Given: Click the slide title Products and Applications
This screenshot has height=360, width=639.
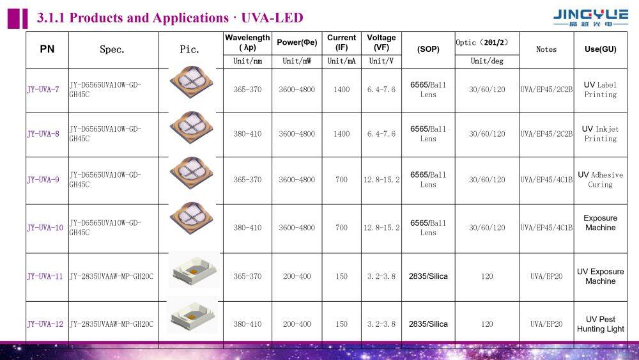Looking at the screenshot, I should click(170, 18).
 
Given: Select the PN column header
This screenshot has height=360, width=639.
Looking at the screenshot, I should click(47, 49).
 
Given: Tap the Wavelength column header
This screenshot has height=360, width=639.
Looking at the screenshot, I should click(247, 42).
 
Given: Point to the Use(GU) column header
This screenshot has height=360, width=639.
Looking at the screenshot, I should click(600, 49).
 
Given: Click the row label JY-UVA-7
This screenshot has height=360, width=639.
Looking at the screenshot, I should click(43, 90).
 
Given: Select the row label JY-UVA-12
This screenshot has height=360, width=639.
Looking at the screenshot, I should click(45, 324).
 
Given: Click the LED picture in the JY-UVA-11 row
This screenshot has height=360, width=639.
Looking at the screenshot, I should click(193, 271).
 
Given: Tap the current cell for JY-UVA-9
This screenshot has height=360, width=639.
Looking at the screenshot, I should click(341, 180).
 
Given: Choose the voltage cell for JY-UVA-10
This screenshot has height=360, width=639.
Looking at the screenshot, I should click(381, 228).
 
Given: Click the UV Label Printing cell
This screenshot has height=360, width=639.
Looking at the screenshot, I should click(600, 90).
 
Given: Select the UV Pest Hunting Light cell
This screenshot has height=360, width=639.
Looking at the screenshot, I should click(600, 324).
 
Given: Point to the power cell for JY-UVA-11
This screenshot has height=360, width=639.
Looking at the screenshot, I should click(296, 276).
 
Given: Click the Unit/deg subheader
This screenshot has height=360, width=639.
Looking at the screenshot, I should click(487, 61).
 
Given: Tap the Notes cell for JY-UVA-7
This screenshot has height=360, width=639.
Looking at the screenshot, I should click(546, 90).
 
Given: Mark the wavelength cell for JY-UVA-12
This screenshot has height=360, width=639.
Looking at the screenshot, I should click(247, 324).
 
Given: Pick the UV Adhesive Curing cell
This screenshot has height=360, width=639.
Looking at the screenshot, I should click(600, 180).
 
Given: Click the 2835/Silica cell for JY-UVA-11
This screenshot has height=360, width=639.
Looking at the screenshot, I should click(428, 276).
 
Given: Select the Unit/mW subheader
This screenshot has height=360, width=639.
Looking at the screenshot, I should click(296, 61).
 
